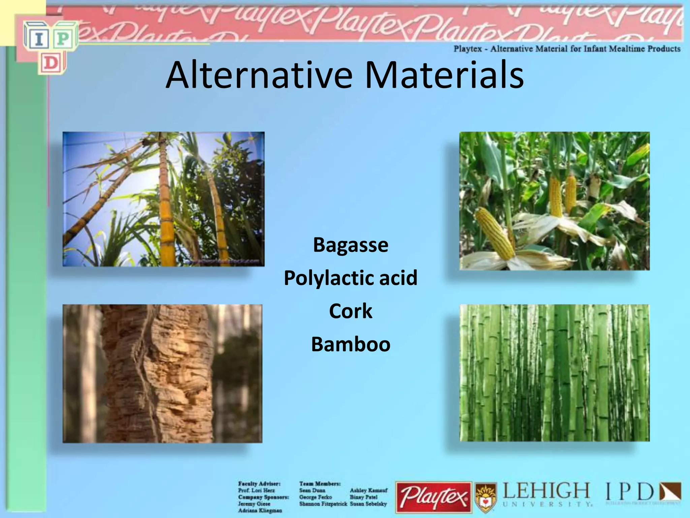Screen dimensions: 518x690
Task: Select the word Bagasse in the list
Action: click(x=350, y=245)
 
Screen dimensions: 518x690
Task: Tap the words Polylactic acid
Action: click(x=350, y=278)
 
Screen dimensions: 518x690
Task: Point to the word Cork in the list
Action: click(x=350, y=311)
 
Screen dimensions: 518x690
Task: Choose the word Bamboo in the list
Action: click(x=350, y=344)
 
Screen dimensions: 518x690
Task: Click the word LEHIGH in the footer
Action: click(x=546, y=491)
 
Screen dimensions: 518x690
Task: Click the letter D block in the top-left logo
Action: click(x=51, y=63)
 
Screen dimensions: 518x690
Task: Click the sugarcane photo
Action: click(x=163, y=199)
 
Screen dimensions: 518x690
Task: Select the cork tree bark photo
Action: click(x=162, y=373)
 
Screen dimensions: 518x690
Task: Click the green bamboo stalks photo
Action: click(x=554, y=373)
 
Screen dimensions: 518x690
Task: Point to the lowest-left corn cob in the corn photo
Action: click(x=495, y=233)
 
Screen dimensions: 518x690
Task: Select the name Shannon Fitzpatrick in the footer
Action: click(x=323, y=504)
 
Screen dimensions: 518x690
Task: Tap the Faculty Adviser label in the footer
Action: click(x=259, y=484)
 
